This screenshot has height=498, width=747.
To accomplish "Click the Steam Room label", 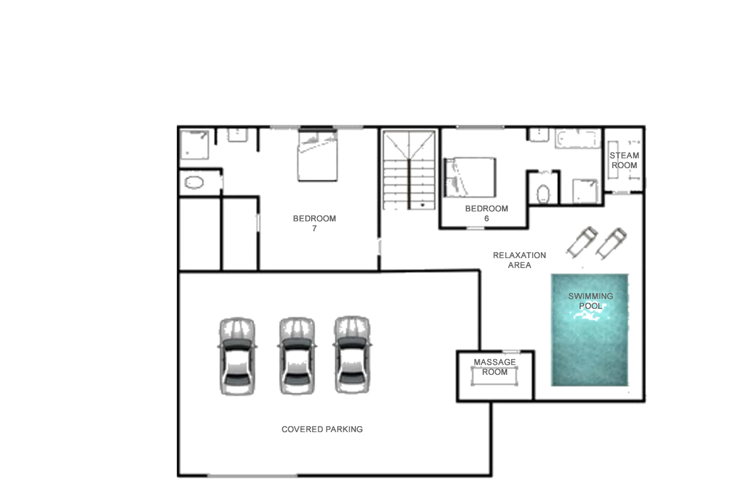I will click(x=624, y=160).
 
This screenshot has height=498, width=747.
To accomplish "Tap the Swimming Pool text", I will click(x=590, y=301).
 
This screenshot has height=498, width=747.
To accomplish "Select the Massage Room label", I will click(x=494, y=367).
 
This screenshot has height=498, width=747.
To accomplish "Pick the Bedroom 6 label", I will click(x=486, y=213).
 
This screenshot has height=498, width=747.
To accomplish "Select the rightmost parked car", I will click(x=352, y=355).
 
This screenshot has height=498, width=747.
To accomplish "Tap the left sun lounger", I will click(x=582, y=242).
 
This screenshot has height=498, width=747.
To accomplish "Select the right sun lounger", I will click(x=611, y=243).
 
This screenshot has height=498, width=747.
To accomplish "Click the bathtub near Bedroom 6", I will click(x=578, y=139).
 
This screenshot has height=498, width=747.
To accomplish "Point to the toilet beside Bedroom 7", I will click(x=194, y=183).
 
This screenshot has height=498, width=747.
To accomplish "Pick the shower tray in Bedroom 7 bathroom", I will click(x=195, y=145).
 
